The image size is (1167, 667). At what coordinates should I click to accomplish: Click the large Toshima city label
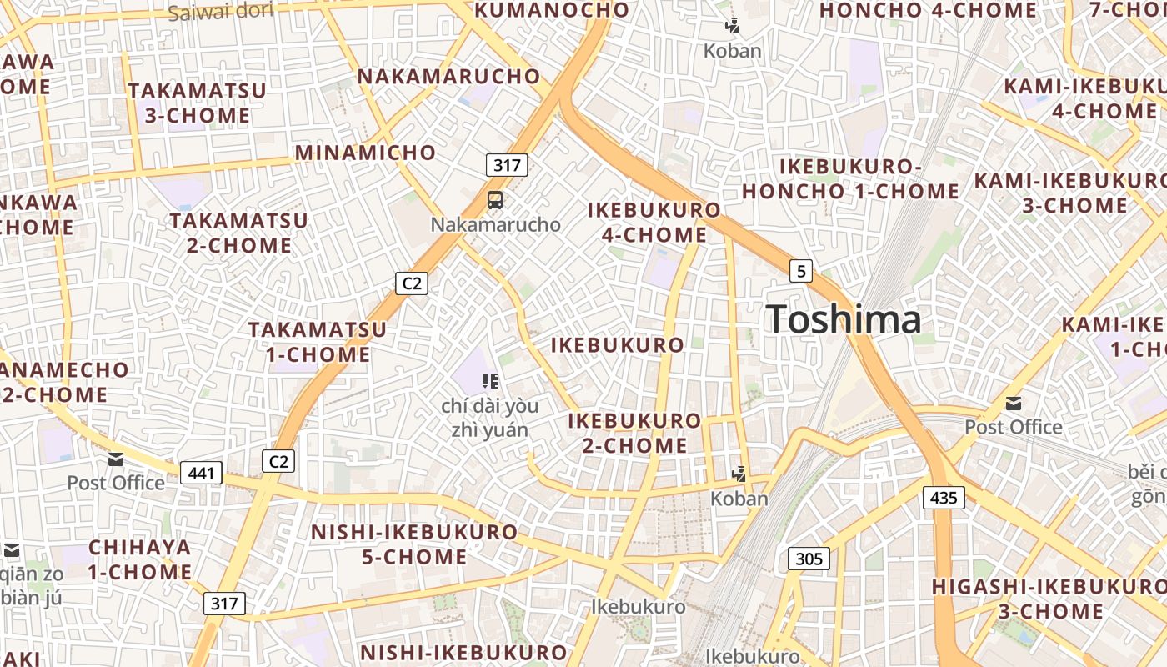844,319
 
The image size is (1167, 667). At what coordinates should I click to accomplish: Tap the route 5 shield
801,270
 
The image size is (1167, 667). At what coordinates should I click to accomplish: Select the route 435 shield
944,498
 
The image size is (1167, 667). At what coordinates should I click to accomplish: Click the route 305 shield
809,559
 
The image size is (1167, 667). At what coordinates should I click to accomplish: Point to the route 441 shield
201,474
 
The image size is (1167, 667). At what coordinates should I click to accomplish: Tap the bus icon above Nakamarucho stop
495,200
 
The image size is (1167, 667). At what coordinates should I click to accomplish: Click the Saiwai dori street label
220,13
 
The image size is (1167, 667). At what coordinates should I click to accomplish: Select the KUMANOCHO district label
552,11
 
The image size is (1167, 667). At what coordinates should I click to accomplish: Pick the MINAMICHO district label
365,153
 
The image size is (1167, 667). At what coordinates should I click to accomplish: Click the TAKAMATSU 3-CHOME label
198,103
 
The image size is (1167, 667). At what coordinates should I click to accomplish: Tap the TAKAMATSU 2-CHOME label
239,233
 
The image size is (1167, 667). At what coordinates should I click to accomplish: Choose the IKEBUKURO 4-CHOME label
654,222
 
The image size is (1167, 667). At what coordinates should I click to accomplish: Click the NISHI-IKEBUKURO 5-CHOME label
414,544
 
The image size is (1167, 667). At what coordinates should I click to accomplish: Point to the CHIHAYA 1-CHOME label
140,559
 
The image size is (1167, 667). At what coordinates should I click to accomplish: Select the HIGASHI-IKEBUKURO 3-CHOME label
1049,599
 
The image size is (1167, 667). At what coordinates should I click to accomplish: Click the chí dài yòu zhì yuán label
489,418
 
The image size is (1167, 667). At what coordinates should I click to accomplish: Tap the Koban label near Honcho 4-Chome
732,51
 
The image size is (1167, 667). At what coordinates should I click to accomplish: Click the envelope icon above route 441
116,459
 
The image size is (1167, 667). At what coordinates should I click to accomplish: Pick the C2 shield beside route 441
278,461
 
